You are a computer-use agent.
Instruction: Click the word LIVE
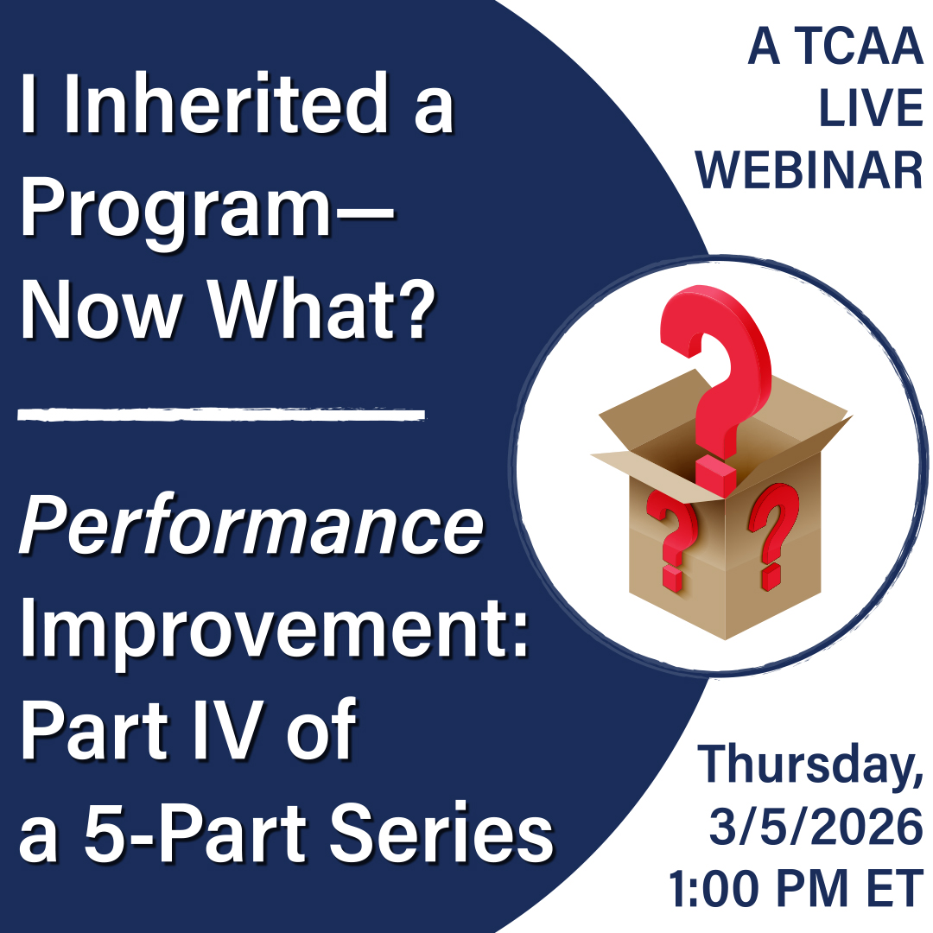pyautogui.click(x=871, y=108)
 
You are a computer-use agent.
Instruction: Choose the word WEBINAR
pyautogui.click(x=809, y=170)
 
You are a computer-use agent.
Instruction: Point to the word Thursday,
pyautogui.click(x=809, y=765)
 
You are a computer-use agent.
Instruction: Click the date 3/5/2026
pyautogui.click(x=816, y=826)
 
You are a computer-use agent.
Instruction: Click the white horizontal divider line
pyautogui.click(x=221, y=414)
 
